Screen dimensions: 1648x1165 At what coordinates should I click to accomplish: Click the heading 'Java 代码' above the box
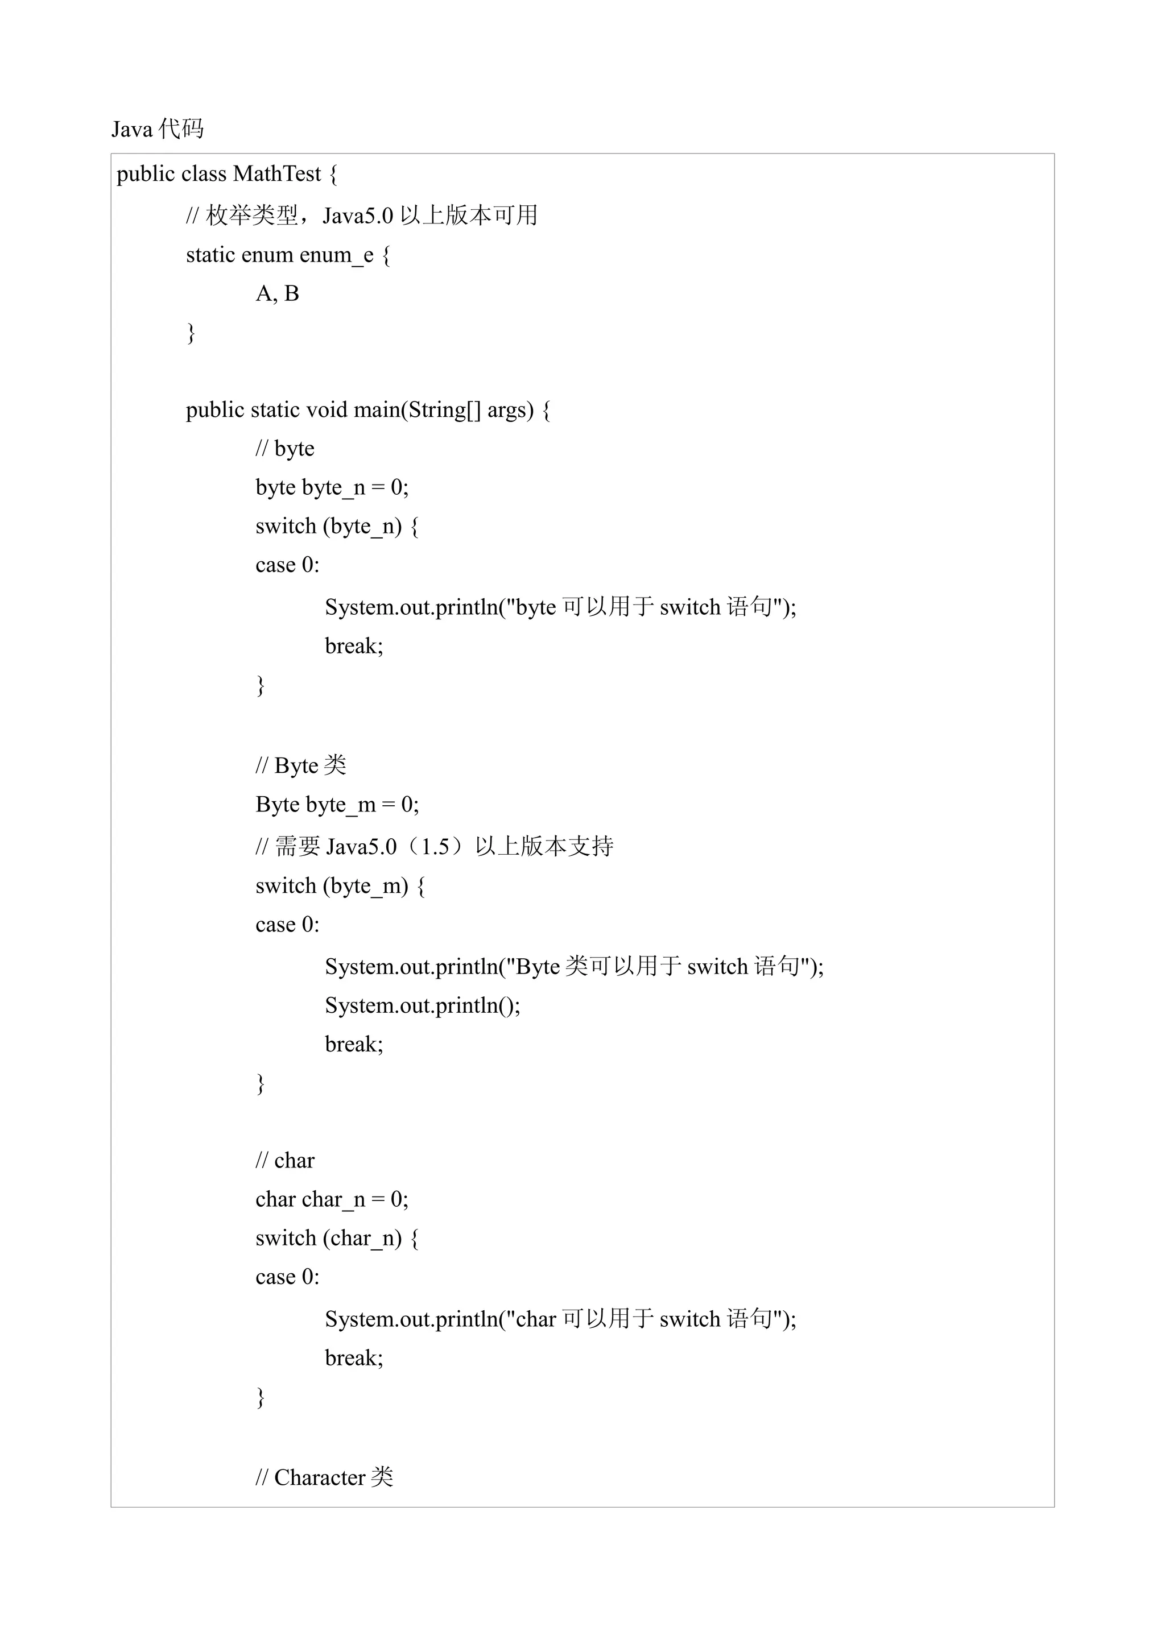point(157,129)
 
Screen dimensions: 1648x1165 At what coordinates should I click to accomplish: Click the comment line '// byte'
point(285,449)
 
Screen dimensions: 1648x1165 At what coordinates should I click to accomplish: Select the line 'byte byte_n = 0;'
point(332,487)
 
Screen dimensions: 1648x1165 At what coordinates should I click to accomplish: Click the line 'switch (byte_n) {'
point(337,526)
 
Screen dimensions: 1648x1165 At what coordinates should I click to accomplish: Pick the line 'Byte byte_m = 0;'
point(337,805)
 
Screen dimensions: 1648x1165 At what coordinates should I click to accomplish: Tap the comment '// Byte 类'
point(301,766)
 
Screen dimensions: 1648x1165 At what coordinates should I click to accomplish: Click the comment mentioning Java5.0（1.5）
point(434,846)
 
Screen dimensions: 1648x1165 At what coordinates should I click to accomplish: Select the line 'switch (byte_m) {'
point(340,886)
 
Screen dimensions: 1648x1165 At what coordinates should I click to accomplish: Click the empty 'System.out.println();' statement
point(422,1005)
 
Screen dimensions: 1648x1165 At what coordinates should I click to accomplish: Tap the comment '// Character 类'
point(324,1477)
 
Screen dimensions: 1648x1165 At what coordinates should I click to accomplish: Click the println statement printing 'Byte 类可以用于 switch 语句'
point(573,966)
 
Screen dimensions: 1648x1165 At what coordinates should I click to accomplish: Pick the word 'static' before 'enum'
point(212,255)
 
